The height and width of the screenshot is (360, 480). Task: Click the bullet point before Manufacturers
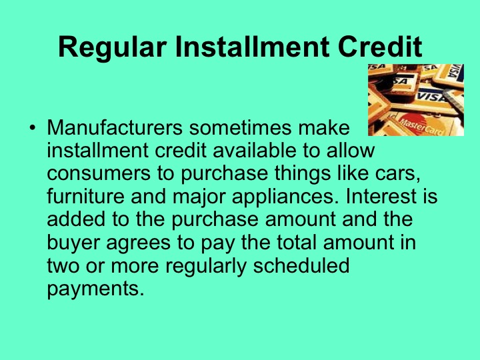coord(31,127)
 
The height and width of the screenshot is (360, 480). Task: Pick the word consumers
coord(95,173)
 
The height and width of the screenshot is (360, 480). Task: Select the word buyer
coord(73,243)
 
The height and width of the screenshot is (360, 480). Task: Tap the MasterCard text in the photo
coord(422,125)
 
